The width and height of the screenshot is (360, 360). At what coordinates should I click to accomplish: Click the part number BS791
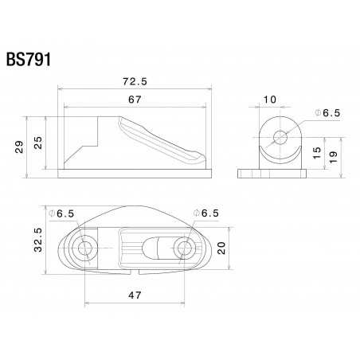(29, 61)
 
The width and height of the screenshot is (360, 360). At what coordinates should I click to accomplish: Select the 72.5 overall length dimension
(134, 81)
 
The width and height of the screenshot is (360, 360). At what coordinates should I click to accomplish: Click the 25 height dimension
(37, 143)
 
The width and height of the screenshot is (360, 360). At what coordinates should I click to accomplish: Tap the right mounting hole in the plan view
(184, 248)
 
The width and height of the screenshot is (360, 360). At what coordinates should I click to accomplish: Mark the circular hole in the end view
(280, 137)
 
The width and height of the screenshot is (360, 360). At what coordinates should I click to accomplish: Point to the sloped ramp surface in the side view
(155, 135)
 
